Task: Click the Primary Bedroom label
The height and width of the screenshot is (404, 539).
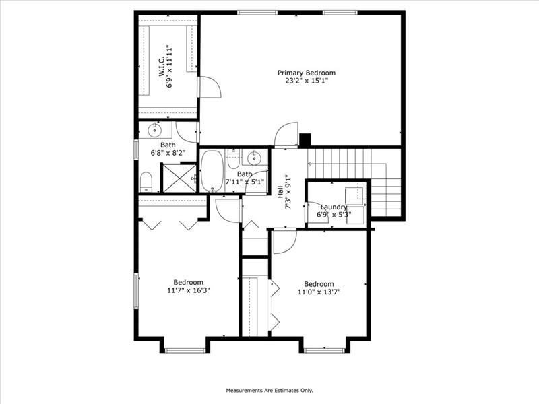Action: tap(307, 73)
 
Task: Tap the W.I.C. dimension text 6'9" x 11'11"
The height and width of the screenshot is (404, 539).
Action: tap(169, 66)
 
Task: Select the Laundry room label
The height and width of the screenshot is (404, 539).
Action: tap(334, 207)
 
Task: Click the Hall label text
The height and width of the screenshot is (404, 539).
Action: tap(280, 192)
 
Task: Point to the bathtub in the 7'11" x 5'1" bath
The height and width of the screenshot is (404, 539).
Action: tap(212, 171)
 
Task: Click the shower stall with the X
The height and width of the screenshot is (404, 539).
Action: tap(179, 178)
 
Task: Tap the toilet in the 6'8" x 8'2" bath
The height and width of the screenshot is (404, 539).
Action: tap(146, 182)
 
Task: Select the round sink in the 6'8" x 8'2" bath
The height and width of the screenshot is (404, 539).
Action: tap(155, 130)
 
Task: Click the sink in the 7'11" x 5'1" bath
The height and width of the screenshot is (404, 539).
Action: tap(255, 158)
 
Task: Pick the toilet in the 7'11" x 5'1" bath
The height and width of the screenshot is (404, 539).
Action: tap(233, 160)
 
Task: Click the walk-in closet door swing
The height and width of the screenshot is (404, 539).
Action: tap(210, 88)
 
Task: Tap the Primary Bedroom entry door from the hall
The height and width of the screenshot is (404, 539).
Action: tap(286, 134)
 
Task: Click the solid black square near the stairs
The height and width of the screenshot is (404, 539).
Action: tap(305, 140)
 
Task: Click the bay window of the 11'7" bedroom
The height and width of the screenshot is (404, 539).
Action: tap(185, 350)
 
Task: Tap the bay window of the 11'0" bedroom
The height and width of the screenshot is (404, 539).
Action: tap(325, 350)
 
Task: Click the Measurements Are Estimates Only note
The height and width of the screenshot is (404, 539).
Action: tap(269, 391)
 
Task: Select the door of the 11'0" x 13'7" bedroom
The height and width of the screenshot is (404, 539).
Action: tap(284, 242)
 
